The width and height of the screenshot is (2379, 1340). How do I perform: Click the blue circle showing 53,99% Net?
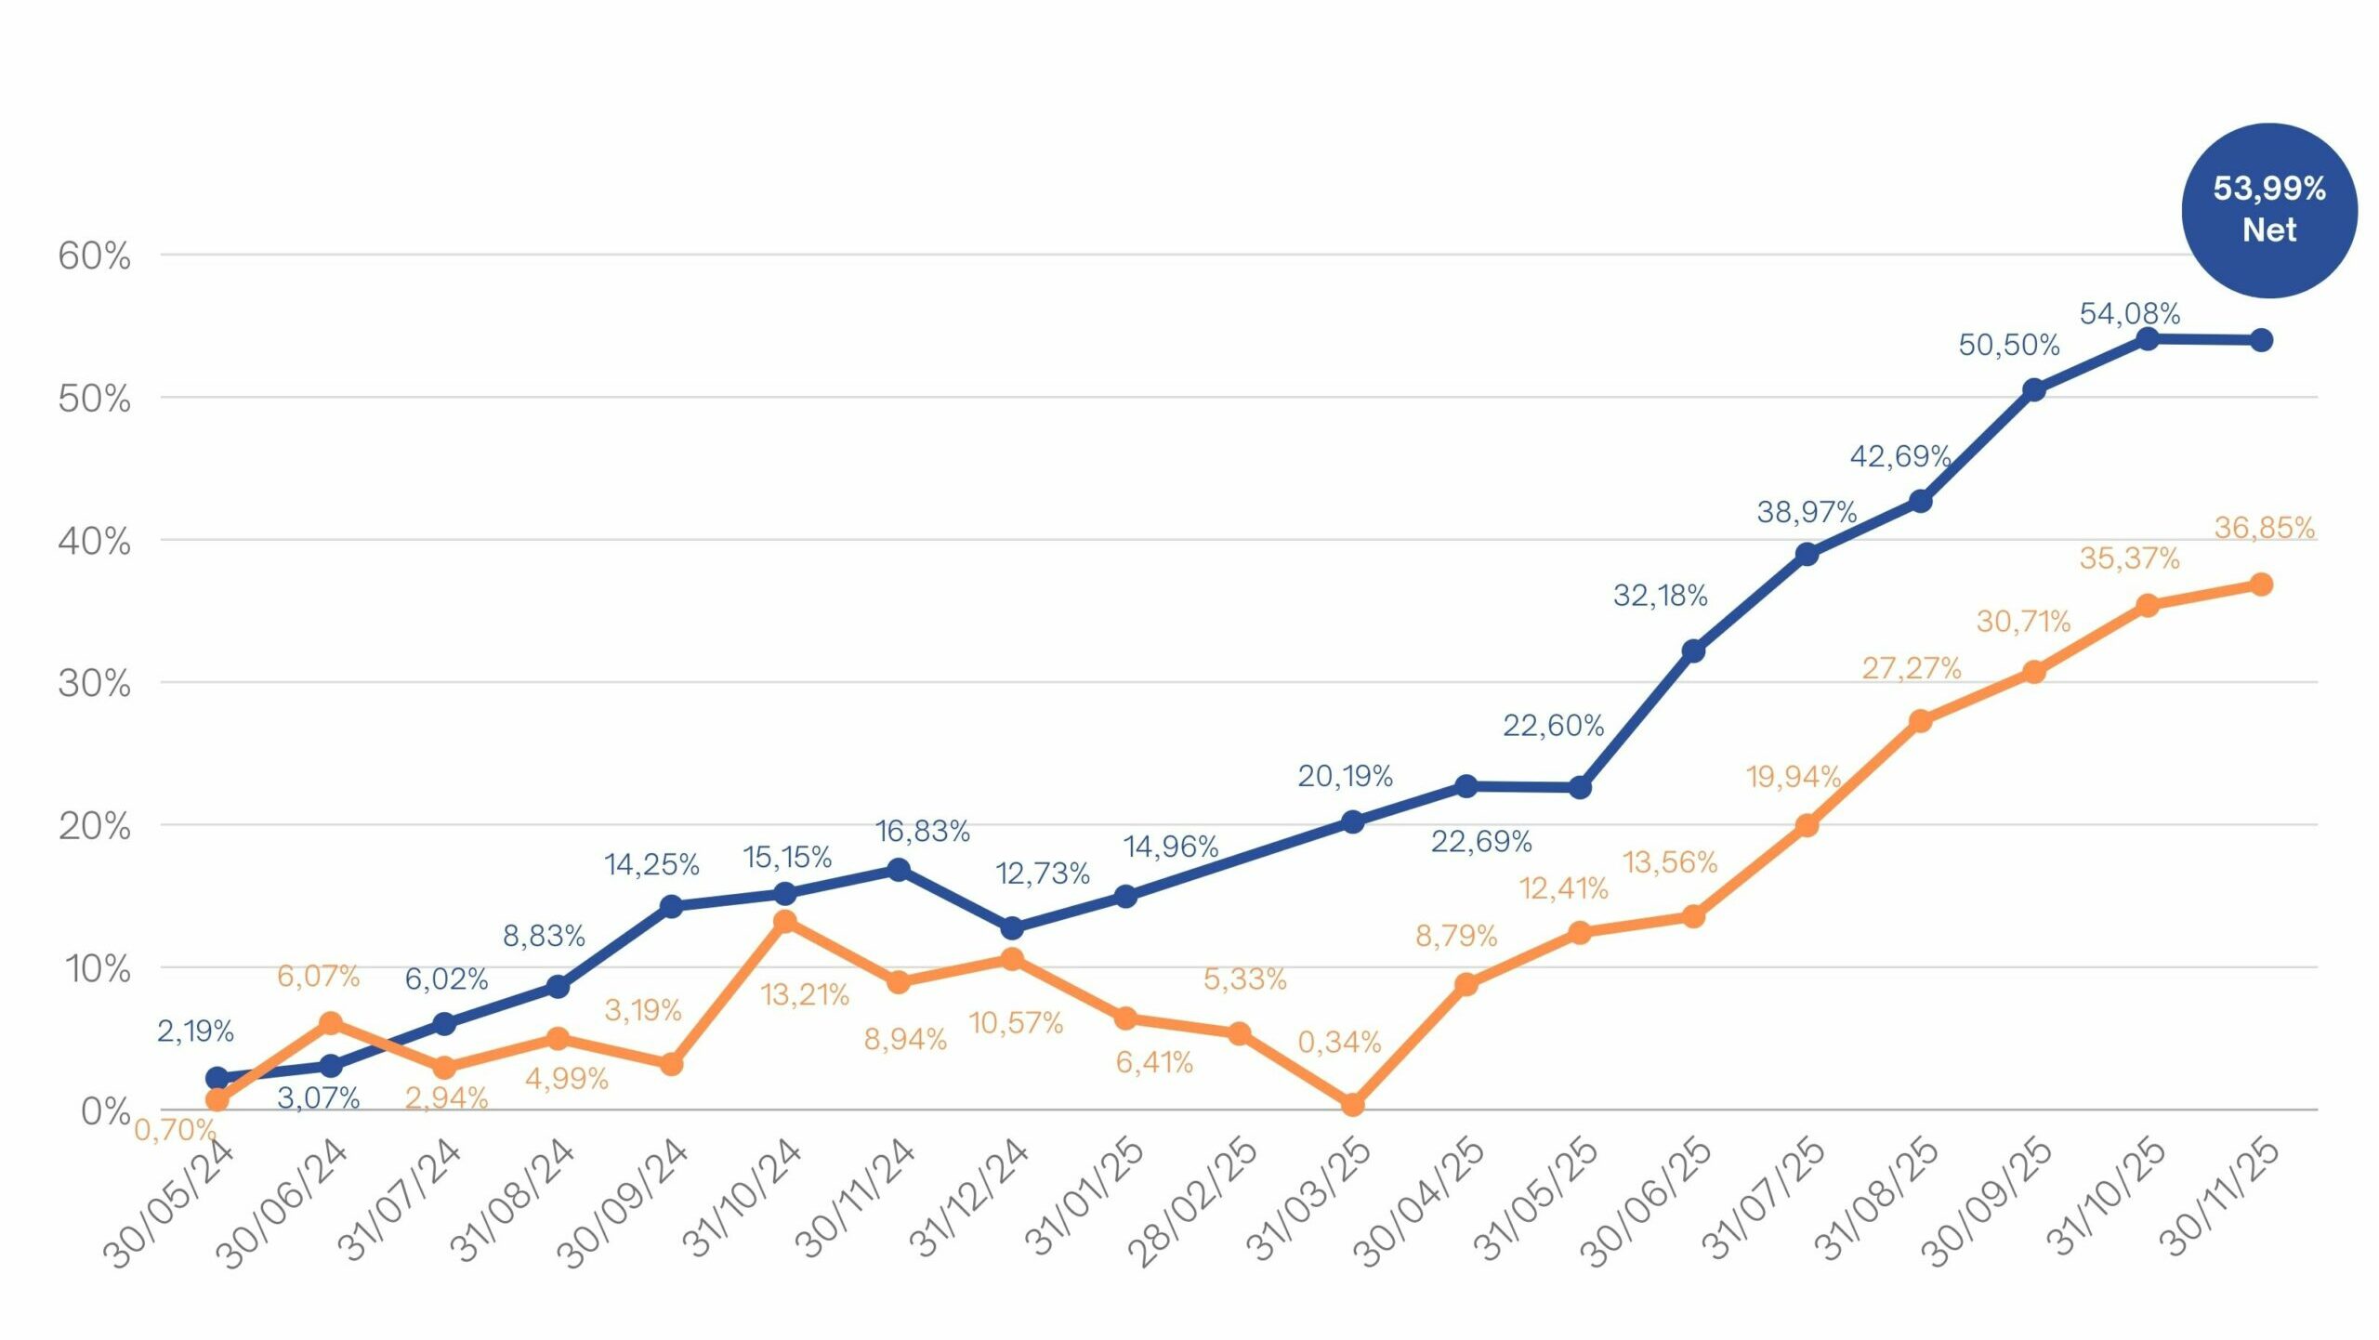click(x=2268, y=210)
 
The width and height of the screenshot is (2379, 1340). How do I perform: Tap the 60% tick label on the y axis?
click(x=94, y=256)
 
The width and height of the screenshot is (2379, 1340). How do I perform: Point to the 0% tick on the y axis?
click(x=105, y=1110)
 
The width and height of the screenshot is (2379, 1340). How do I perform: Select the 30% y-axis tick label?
click(x=94, y=683)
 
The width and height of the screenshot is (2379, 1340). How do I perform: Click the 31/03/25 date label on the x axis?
click(x=1310, y=1201)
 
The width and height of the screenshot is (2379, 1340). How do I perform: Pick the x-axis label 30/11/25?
click(x=2219, y=1201)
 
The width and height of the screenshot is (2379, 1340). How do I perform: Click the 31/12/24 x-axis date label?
click(x=969, y=1201)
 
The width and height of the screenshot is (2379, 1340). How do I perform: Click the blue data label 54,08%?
click(x=2129, y=314)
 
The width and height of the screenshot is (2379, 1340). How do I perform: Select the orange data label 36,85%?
click(x=2264, y=528)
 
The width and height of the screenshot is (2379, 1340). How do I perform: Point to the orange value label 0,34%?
click(x=1339, y=1042)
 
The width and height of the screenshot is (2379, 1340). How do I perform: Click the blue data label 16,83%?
click(x=922, y=831)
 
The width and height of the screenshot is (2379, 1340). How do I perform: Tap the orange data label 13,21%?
click(x=805, y=995)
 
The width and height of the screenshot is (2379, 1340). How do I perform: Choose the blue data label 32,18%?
click(x=1660, y=596)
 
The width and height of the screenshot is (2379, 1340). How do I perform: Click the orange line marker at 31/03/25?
click(x=1352, y=1104)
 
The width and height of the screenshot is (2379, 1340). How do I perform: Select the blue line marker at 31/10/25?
click(x=2148, y=339)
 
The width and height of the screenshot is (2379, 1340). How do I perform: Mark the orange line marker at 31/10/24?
click(x=784, y=921)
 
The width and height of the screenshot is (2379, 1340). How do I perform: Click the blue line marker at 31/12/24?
click(x=1012, y=927)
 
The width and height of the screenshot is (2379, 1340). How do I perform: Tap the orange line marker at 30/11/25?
click(x=2261, y=585)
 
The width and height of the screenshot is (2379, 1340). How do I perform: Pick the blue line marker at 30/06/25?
click(x=1693, y=650)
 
